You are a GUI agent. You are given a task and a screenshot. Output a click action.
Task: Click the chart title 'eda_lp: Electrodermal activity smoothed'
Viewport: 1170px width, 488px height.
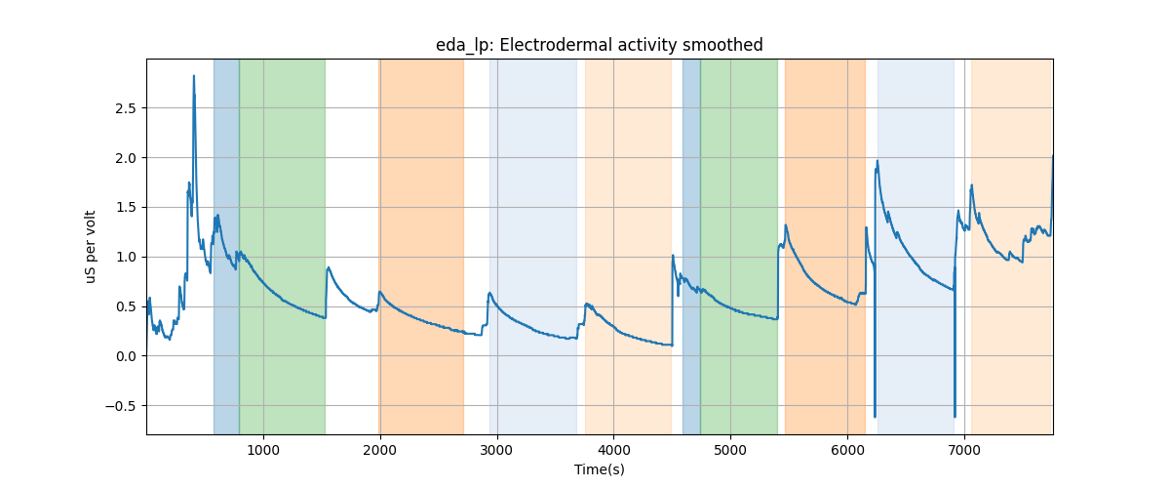click(x=599, y=45)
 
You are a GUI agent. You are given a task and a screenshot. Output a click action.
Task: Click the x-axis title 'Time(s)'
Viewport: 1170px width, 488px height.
click(x=599, y=469)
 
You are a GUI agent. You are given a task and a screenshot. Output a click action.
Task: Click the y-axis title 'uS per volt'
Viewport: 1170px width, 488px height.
click(x=91, y=246)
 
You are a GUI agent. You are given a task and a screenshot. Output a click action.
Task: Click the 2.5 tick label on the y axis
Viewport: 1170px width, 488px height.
click(x=127, y=107)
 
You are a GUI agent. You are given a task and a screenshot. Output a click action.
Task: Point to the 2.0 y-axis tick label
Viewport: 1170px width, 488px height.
click(x=127, y=157)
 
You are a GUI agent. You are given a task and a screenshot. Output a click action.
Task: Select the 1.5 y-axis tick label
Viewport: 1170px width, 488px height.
click(x=127, y=207)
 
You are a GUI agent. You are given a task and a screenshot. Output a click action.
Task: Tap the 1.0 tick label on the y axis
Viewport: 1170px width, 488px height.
click(x=127, y=257)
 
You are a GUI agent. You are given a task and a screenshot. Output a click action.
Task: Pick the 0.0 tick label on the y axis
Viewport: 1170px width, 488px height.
click(x=127, y=356)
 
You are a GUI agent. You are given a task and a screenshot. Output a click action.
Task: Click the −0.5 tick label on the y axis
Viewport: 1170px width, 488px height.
click(x=123, y=406)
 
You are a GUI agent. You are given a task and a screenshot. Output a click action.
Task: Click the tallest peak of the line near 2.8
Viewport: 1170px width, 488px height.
click(x=194, y=76)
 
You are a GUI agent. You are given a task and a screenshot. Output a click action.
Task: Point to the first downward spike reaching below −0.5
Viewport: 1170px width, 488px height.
click(x=875, y=417)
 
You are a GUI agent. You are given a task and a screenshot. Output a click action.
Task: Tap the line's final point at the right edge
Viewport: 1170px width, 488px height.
click(x=1052, y=156)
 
